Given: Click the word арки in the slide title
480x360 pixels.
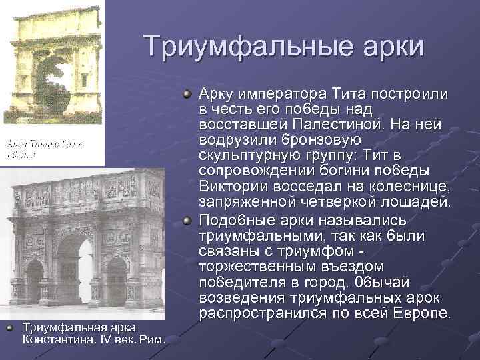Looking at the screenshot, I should [390, 47].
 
